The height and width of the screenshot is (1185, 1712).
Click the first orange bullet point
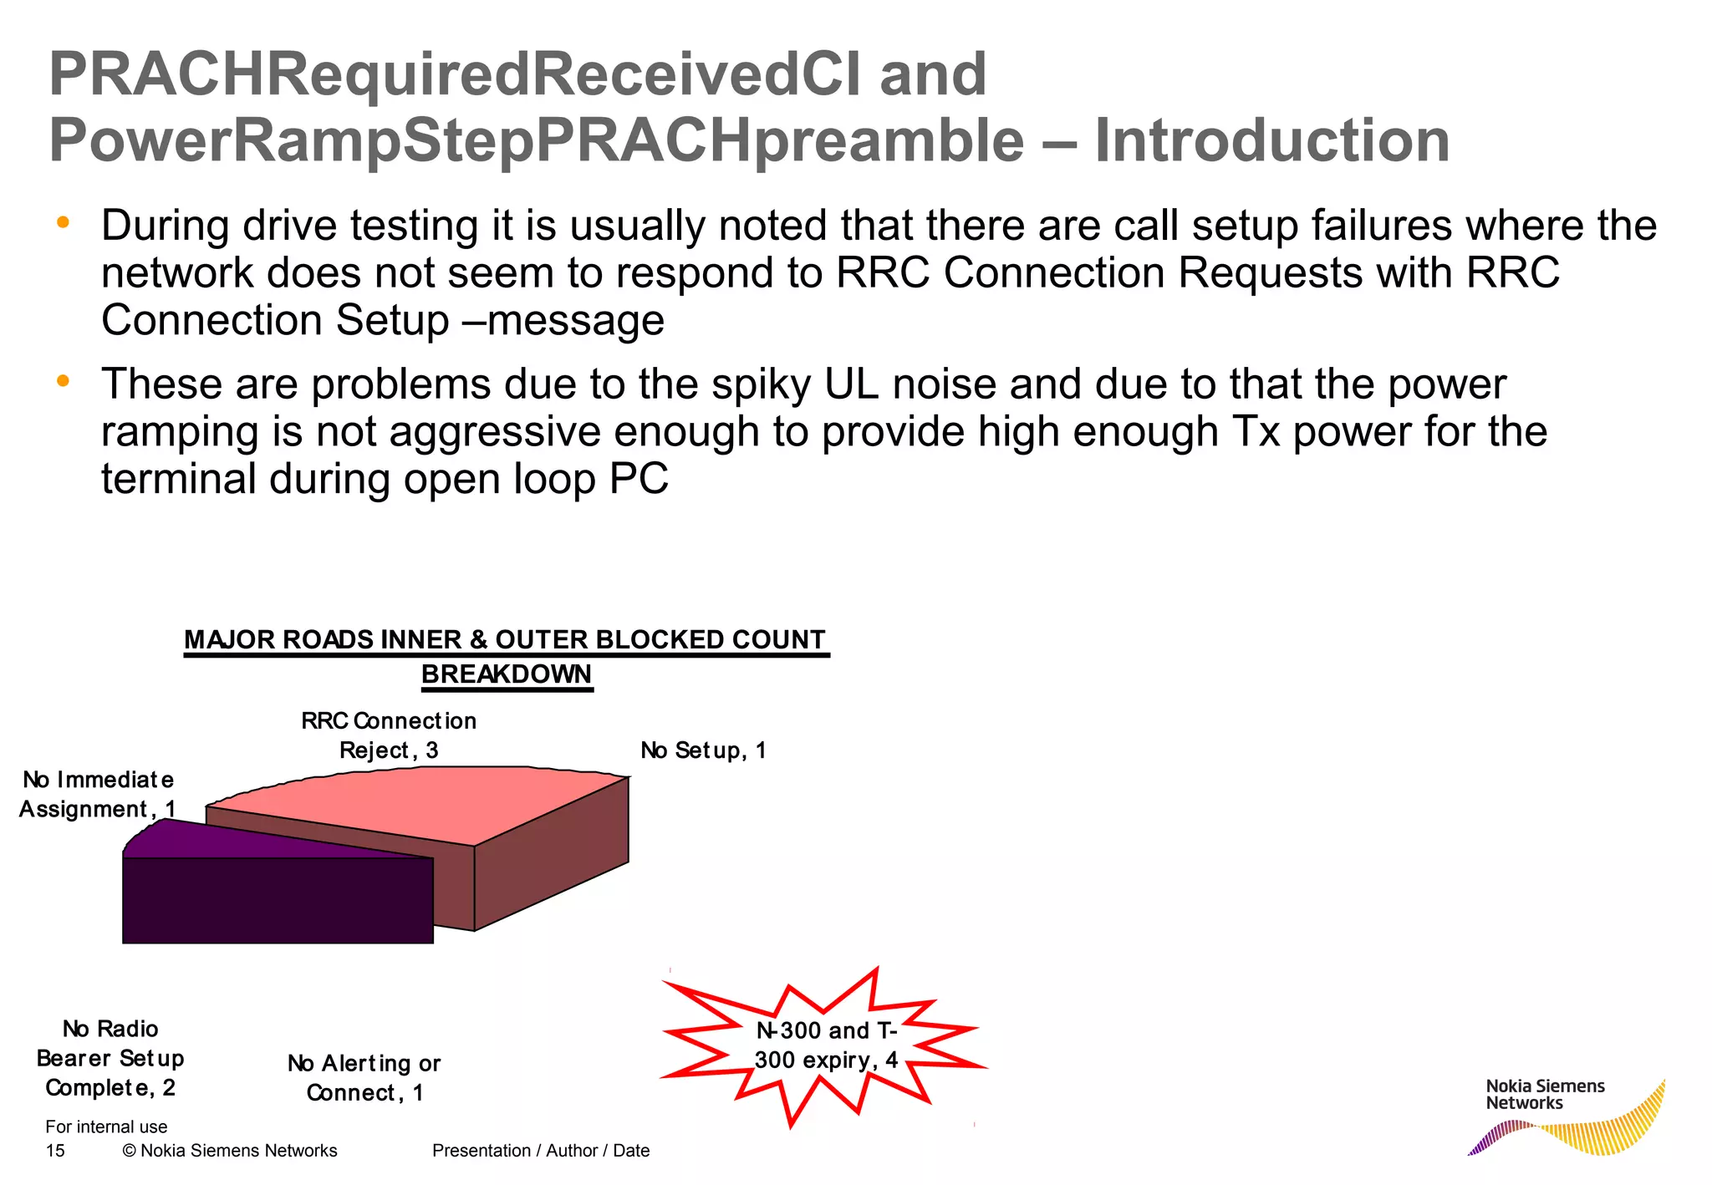click(63, 223)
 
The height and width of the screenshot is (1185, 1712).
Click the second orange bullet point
click(63, 381)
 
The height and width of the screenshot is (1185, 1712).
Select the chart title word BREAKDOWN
click(506, 674)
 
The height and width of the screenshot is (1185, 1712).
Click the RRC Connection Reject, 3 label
click(389, 735)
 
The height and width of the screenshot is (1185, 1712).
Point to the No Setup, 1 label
click(703, 750)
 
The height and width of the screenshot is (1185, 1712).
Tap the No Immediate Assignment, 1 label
click(98, 795)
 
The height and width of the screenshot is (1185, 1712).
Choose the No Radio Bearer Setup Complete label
click(110, 1058)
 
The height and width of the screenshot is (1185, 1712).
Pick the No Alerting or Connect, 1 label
click(364, 1078)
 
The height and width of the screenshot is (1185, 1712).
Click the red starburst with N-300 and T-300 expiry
click(825, 1045)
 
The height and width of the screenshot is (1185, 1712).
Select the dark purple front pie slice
click(278, 899)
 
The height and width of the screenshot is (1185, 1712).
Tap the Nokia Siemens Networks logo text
click(1544, 1095)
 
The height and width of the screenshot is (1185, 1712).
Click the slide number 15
click(55, 1151)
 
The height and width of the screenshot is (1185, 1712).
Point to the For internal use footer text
click(106, 1127)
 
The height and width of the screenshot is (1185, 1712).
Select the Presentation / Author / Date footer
click(541, 1151)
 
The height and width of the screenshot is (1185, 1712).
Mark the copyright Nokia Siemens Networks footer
click(230, 1151)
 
